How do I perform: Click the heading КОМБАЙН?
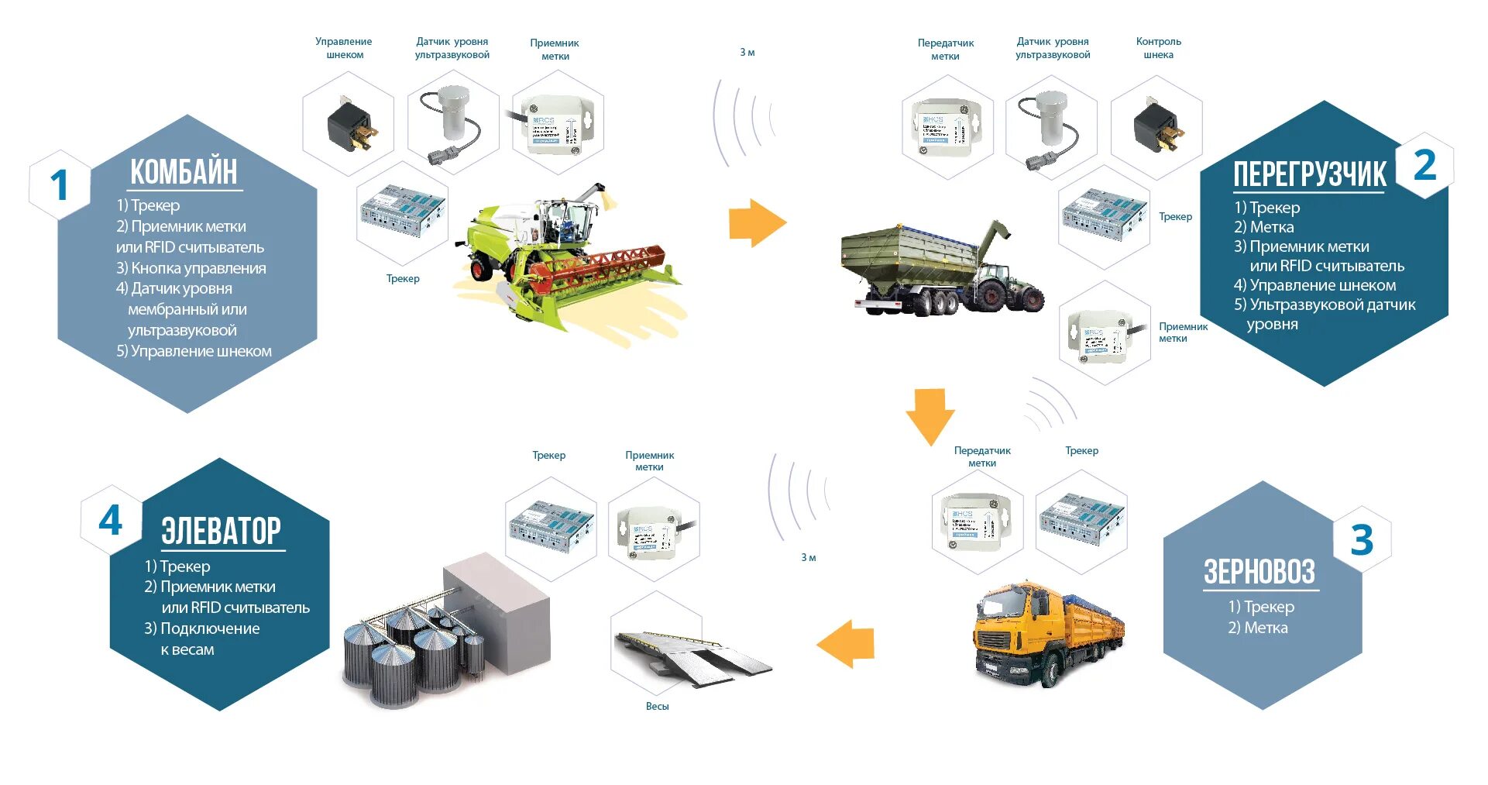tap(184, 172)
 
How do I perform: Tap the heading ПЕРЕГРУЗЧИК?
tap(1309, 175)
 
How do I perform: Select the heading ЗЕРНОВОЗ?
tap(1259, 573)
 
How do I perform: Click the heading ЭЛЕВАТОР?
tap(221, 532)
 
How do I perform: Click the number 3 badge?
tap(1361, 540)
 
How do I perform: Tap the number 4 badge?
tap(111, 520)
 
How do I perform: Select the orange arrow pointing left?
tap(846, 643)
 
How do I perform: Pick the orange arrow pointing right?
tap(757, 223)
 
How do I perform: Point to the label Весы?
tap(657, 706)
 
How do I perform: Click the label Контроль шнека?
tap(1158, 48)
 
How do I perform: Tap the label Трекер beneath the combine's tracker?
tap(403, 278)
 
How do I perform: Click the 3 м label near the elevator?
tap(808, 557)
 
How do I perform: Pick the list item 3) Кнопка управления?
tap(191, 268)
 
